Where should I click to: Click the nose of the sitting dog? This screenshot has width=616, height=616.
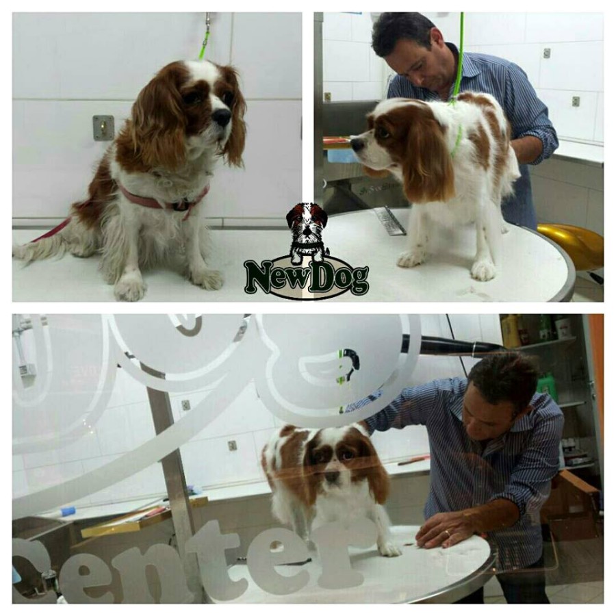coord(222,116)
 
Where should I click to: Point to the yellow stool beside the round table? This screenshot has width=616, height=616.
coord(572,244)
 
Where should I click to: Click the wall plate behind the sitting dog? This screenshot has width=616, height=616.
coord(103,128)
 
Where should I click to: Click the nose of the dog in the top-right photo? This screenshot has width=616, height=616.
coord(357,144)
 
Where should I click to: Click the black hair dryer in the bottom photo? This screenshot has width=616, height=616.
coord(448,344)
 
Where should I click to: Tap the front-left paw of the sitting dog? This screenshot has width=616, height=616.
coord(129,286)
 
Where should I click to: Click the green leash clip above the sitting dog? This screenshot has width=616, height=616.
coord(205,38)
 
